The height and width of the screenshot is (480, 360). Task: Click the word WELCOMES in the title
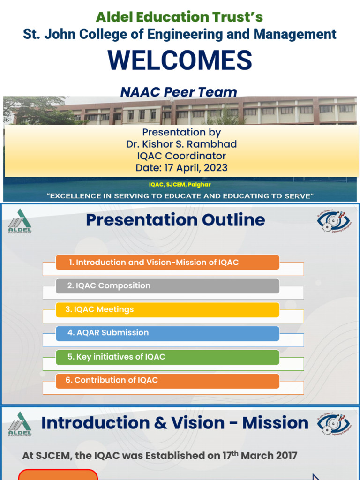pyautogui.click(x=180, y=61)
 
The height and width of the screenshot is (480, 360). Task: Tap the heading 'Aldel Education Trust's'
pyautogui.click(x=180, y=17)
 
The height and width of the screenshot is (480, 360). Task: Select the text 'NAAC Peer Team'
pyautogui.click(x=179, y=92)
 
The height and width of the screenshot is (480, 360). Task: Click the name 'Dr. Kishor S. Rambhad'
pyautogui.click(x=181, y=144)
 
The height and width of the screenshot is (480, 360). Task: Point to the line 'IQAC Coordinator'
pyautogui.click(x=181, y=156)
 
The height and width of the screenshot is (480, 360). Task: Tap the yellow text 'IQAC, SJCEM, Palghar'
pyautogui.click(x=180, y=185)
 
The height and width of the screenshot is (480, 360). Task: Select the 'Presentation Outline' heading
pyautogui.click(x=175, y=220)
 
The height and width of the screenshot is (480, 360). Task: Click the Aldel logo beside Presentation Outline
pyautogui.click(x=20, y=221)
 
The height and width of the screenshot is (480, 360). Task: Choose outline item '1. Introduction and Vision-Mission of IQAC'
pyautogui.click(x=167, y=262)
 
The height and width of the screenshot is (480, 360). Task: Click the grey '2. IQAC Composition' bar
pyautogui.click(x=167, y=286)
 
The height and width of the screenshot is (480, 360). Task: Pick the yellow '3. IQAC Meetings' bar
pyautogui.click(x=167, y=310)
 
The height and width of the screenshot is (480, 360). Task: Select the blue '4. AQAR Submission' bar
pyautogui.click(x=167, y=333)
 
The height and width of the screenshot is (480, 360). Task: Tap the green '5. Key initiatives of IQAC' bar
pyautogui.click(x=167, y=357)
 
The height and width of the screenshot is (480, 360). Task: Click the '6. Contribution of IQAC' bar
pyautogui.click(x=167, y=381)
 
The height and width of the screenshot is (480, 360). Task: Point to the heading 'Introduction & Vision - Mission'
pyautogui.click(x=175, y=423)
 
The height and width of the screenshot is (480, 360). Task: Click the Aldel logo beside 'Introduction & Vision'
pyautogui.click(x=20, y=424)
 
